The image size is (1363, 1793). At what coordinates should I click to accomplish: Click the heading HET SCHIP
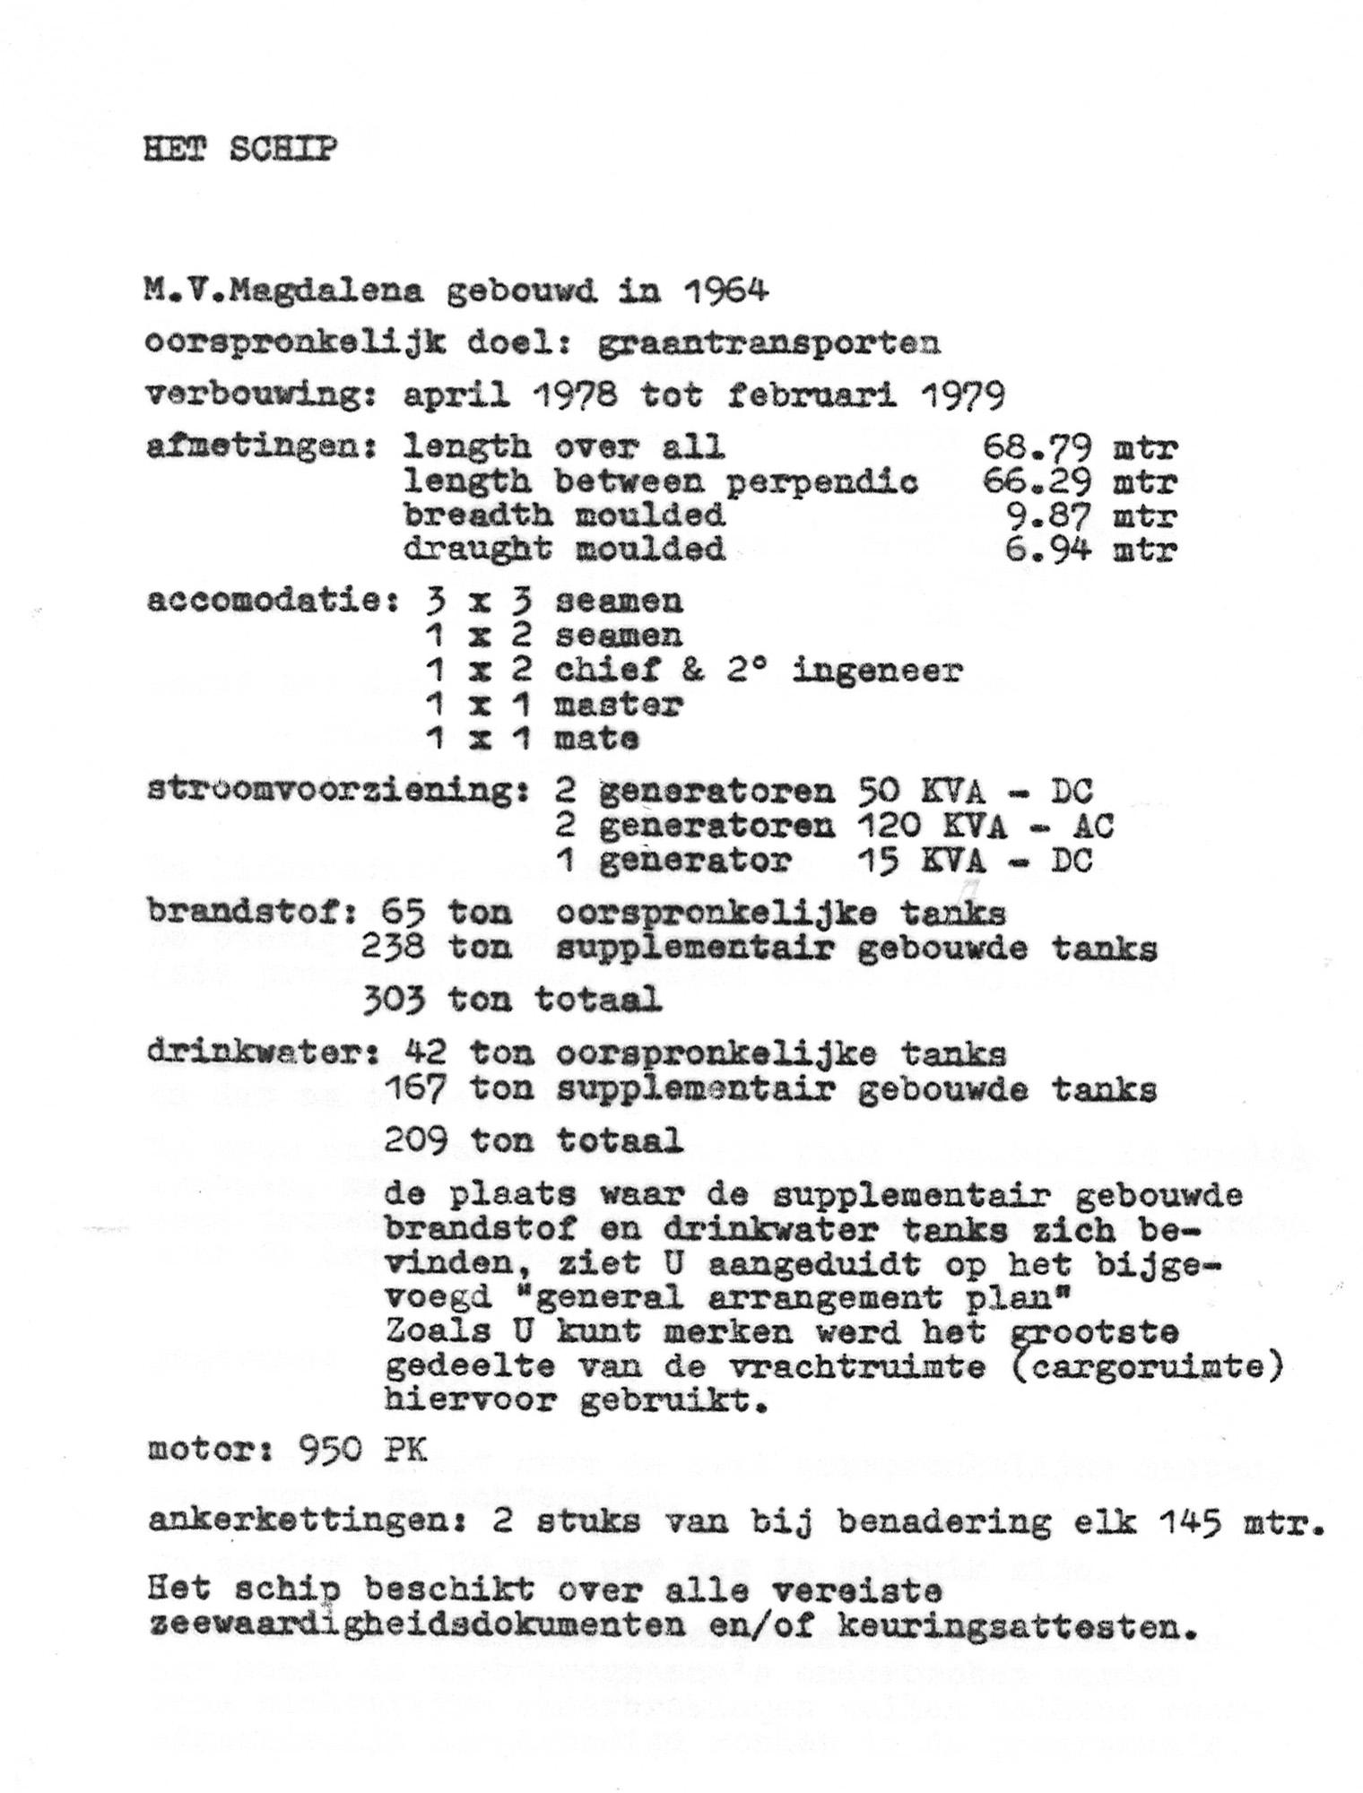point(240,150)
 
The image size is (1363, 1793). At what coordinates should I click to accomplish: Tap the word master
point(619,705)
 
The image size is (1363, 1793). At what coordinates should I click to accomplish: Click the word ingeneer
point(877,671)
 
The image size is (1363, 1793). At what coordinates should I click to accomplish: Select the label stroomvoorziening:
point(337,793)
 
